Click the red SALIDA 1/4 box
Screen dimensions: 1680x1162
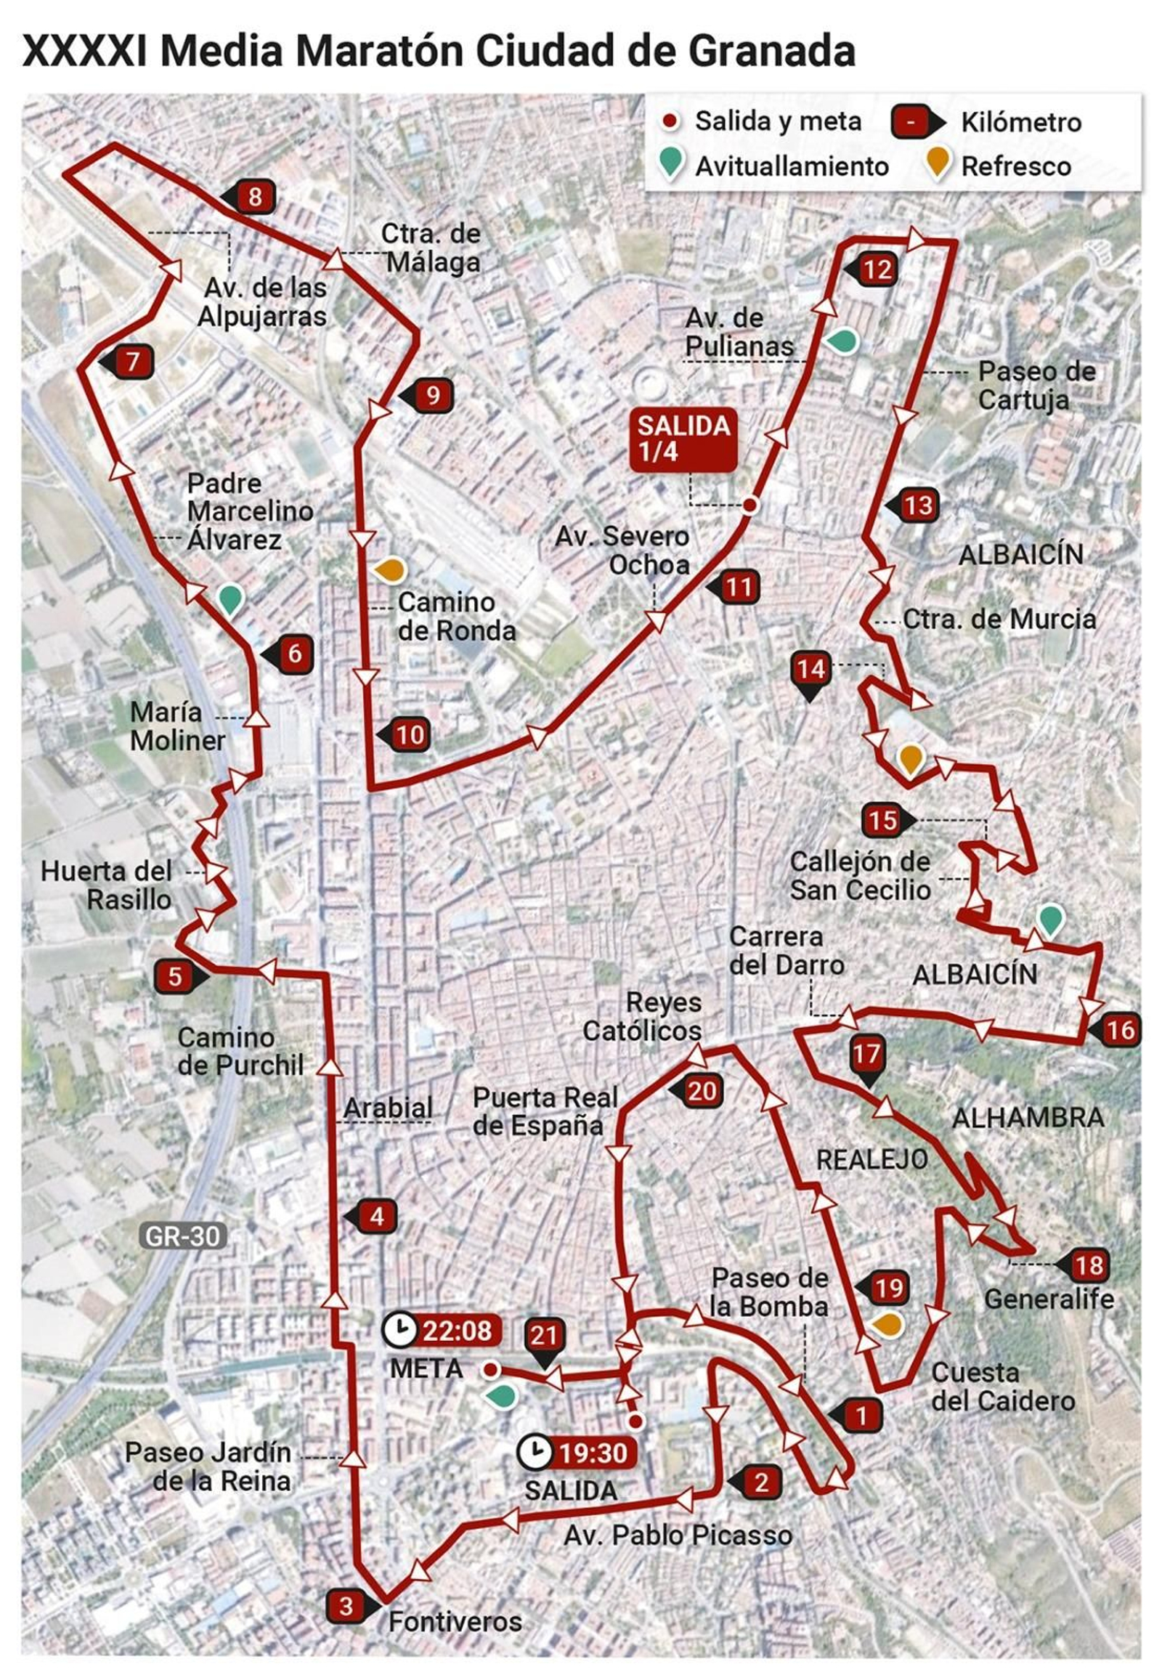[683, 439]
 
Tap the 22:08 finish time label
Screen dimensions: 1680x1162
[458, 1331]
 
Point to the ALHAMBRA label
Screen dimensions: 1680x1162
[1028, 1118]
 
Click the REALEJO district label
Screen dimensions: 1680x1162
[871, 1160]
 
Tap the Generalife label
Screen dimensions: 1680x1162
[1049, 1299]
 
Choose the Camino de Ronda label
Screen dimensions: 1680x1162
[457, 617]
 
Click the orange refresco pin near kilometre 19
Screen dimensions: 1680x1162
[887, 1324]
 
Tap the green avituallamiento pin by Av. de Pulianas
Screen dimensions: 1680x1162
[843, 341]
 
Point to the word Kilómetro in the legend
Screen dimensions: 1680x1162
[1021, 122]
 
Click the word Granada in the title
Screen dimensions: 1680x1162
[771, 52]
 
